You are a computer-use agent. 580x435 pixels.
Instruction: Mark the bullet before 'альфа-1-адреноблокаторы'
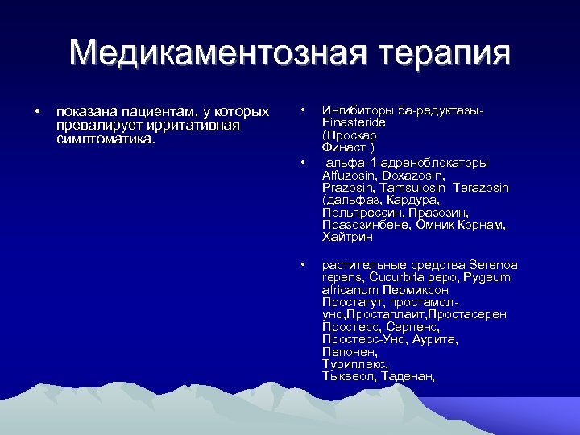(301, 162)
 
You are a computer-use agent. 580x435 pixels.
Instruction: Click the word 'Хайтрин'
(347, 237)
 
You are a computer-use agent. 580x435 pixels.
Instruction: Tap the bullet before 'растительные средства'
(301, 263)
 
